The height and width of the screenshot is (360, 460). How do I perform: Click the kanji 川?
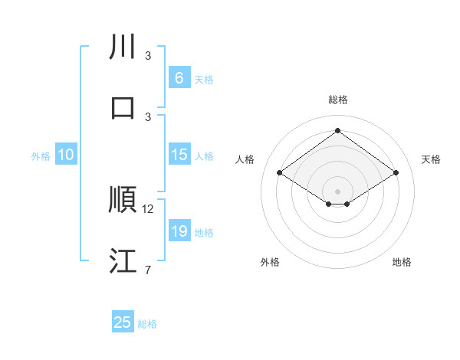click(x=123, y=47)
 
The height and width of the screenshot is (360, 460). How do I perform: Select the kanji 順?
click(x=123, y=200)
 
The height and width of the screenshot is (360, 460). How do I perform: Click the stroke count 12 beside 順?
click(x=148, y=208)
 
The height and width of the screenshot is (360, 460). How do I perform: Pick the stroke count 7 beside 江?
click(x=148, y=270)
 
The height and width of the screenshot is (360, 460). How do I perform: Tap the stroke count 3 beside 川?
click(x=148, y=56)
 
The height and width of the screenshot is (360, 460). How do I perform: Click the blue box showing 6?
click(x=179, y=78)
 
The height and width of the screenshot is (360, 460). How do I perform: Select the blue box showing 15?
click(x=179, y=155)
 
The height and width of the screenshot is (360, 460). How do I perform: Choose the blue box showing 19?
click(x=179, y=231)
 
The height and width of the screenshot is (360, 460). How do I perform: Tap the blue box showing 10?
click(x=66, y=155)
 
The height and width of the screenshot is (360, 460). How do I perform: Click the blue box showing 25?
click(x=123, y=322)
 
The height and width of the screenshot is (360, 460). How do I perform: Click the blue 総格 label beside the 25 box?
click(x=148, y=324)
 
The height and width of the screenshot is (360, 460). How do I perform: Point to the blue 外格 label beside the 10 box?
click(x=41, y=156)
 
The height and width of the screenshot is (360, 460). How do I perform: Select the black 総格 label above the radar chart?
click(x=338, y=100)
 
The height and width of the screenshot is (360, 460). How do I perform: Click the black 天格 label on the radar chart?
click(x=431, y=159)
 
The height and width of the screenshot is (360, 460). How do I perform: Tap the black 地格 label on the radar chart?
click(x=402, y=262)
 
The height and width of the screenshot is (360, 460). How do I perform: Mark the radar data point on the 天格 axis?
click(x=396, y=173)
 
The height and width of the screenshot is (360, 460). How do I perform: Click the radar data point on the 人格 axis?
click(x=280, y=173)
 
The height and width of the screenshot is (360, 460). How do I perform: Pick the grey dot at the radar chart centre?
click(x=338, y=190)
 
